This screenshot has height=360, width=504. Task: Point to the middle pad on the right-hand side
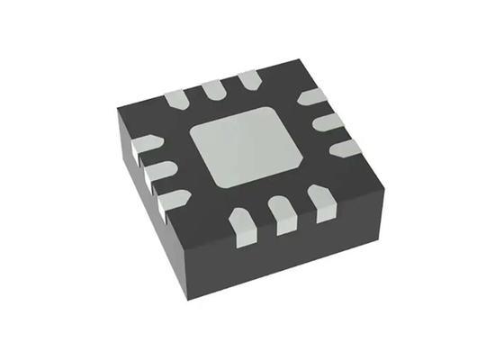pos(328,120)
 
